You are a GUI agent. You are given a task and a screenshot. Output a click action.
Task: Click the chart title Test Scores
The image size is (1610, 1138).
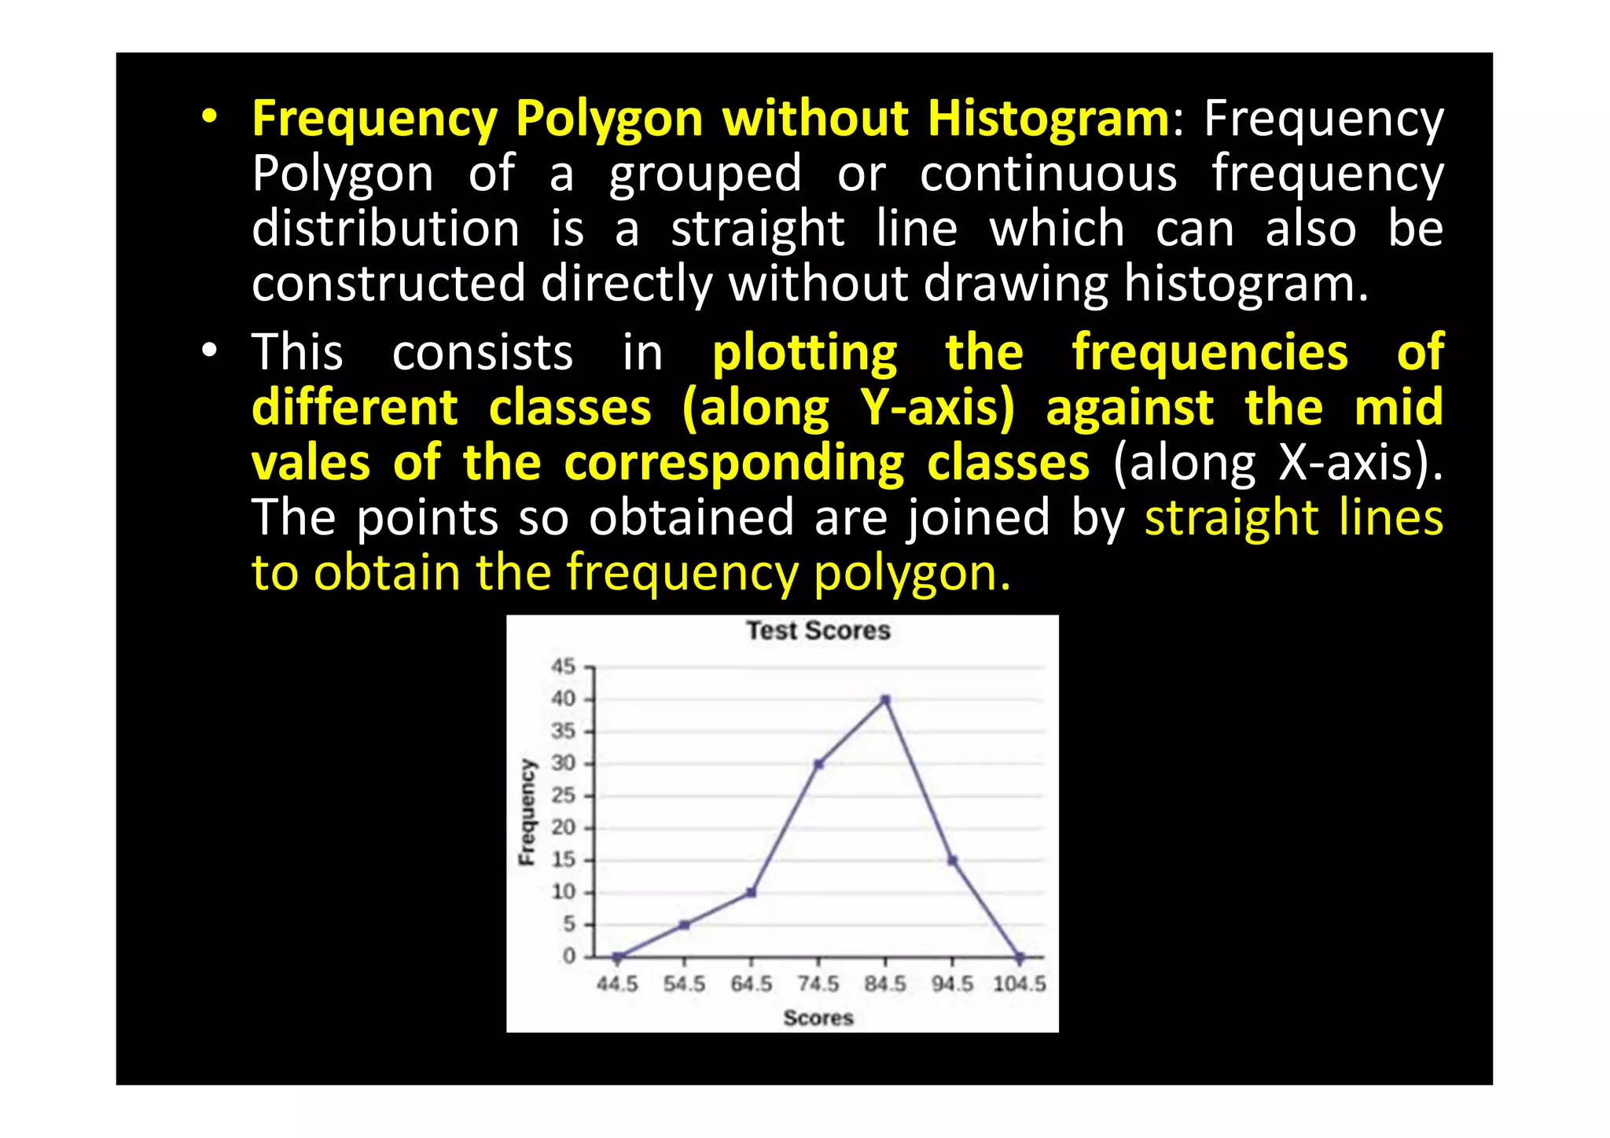(x=818, y=630)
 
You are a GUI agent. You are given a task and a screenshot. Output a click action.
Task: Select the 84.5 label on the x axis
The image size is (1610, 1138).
(x=885, y=984)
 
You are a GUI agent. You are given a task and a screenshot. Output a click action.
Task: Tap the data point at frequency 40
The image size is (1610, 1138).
(x=885, y=699)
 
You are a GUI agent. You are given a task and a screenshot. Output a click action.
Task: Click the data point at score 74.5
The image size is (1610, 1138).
(x=818, y=764)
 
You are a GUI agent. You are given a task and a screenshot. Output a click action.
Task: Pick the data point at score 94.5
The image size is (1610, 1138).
(x=952, y=861)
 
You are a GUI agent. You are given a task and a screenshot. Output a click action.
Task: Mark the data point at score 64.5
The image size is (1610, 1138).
(x=752, y=893)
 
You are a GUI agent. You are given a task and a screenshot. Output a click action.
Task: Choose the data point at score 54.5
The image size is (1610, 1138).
(x=685, y=925)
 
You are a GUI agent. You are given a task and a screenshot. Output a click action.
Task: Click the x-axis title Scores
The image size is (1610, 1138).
(x=818, y=1018)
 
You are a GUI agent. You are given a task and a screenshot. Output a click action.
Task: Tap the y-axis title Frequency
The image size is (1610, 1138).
(x=527, y=812)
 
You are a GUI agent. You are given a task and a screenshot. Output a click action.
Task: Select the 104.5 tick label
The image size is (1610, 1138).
(x=1020, y=984)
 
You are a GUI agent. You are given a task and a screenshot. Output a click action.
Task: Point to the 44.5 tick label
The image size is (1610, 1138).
(x=617, y=984)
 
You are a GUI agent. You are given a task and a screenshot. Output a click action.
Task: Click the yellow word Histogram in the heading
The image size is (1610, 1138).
(x=1048, y=119)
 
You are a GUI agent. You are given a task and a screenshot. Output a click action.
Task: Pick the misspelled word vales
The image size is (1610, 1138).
(x=311, y=463)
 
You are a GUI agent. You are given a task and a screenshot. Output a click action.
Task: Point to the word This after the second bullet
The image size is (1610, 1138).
(x=297, y=352)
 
